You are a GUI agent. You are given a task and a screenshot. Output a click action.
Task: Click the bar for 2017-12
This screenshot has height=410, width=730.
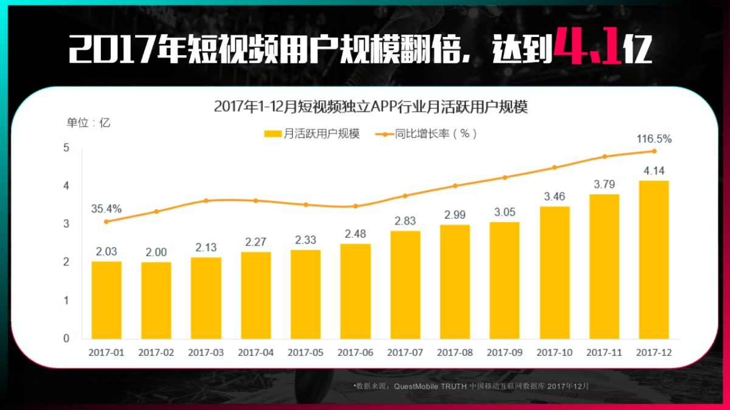click(x=654, y=259)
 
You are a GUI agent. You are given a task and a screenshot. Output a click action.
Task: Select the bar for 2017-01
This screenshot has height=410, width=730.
click(x=106, y=299)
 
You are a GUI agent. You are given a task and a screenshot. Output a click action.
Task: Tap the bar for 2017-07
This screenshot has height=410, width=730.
click(x=405, y=284)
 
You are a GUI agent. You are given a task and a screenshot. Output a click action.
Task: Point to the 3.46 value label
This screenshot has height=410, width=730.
click(x=554, y=197)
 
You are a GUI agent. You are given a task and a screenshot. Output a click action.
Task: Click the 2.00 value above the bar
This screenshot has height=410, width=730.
click(x=156, y=252)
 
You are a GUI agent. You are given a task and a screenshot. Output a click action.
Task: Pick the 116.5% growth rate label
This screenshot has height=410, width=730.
click(x=654, y=139)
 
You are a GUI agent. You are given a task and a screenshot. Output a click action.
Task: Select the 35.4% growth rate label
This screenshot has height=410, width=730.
click(x=106, y=209)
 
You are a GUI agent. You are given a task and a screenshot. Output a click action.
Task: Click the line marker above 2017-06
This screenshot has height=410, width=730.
click(x=355, y=206)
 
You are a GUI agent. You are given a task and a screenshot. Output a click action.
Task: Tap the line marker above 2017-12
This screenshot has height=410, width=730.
click(x=654, y=151)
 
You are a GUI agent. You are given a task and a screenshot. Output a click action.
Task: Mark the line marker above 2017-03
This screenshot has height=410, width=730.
click(x=206, y=200)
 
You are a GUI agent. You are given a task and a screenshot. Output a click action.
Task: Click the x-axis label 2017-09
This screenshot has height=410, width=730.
click(x=504, y=352)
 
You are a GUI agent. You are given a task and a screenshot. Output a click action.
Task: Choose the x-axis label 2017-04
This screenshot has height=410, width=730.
click(x=255, y=352)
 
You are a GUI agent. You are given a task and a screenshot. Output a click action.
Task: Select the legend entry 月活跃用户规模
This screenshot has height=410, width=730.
click(x=313, y=134)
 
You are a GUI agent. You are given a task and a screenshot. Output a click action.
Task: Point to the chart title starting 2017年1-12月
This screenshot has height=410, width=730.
click(x=370, y=108)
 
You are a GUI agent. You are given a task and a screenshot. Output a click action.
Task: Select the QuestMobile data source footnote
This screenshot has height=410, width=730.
click(x=471, y=386)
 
